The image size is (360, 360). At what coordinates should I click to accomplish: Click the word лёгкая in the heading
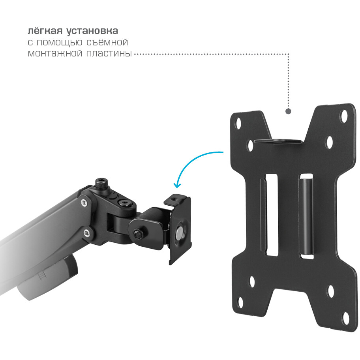tap(45, 31)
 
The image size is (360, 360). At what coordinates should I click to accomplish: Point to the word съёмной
tap(107, 42)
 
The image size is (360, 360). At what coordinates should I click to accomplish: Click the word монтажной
tap(55, 53)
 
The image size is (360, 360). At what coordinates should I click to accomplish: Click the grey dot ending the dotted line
tap(289, 111)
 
